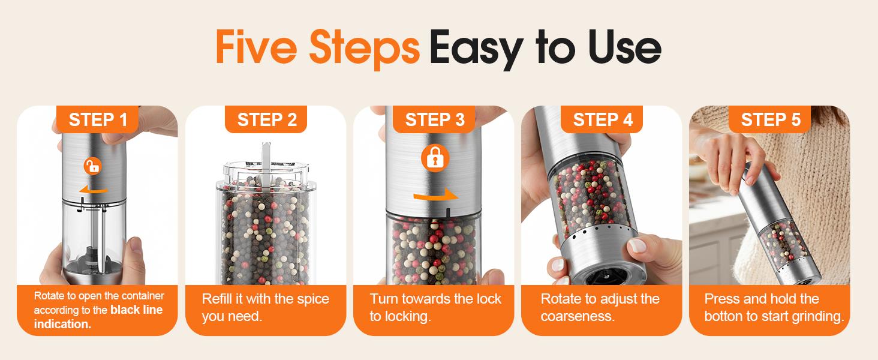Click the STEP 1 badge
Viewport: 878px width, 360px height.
(98, 119)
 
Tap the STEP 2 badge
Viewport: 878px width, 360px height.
(266, 119)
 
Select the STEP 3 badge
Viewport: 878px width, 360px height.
(434, 119)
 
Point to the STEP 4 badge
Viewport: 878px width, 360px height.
(602, 119)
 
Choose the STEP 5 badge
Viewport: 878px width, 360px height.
(770, 119)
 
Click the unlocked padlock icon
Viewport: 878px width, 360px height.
(92, 166)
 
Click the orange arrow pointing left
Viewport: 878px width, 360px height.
(93, 190)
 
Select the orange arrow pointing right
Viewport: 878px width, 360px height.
(435, 196)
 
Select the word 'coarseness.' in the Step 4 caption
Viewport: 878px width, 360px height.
(578, 316)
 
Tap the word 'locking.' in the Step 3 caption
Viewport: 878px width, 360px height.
(408, 316)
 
